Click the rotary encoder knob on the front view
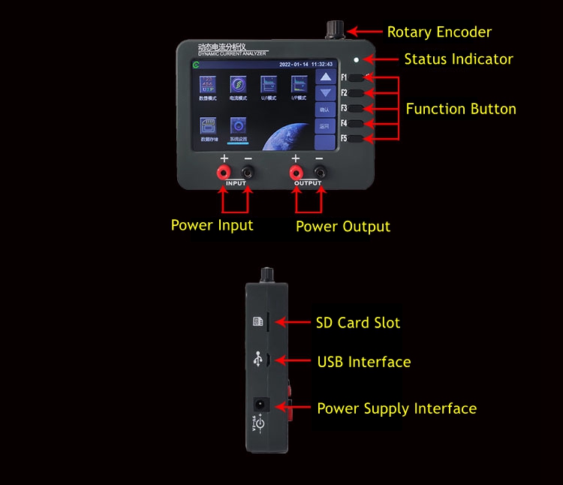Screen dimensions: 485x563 click(x=333, y=30)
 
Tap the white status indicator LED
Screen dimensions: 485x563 click(x=357, y=59)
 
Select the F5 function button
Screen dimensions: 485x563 click(x=356, y=138)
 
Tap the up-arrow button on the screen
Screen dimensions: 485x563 click(x=324, y=77)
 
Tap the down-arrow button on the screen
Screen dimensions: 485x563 click(x=324, y=93)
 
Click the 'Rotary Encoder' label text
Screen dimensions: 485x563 click(x=439, y=32)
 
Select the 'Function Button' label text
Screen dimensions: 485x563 click(x=461, y=109)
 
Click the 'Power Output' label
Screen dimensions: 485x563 click(x=343, y=226)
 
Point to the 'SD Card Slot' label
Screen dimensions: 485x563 click(x=358, y=323)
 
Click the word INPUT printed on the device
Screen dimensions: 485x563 click(x=235, y=183)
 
